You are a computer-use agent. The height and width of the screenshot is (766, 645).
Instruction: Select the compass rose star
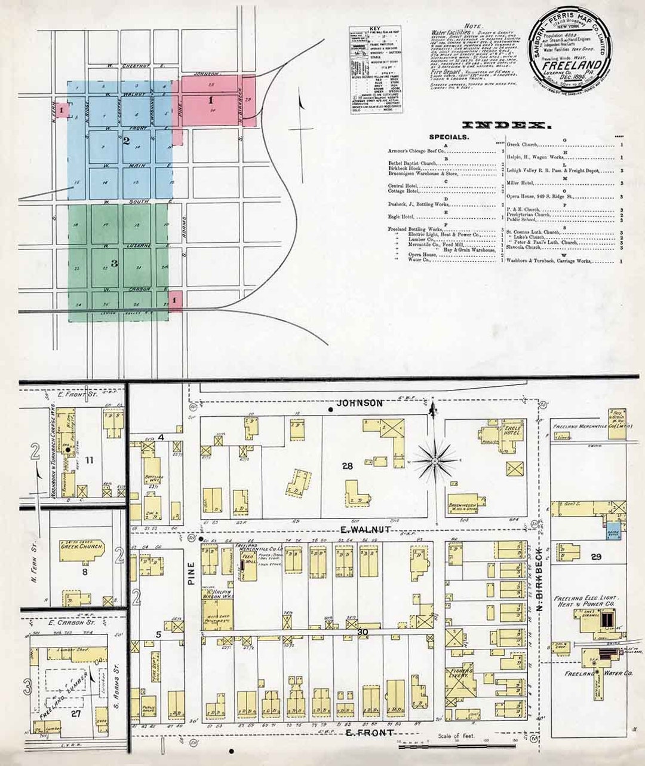pos(436,461)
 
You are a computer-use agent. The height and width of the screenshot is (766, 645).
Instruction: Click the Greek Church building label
pos(82,547)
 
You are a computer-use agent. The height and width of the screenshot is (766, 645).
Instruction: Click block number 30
pos(363,632)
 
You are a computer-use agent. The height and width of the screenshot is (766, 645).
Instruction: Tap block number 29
pos(595,557)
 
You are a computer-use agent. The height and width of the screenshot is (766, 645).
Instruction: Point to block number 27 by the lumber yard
pos(76,713)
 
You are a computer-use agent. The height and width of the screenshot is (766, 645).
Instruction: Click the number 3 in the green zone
pos(113,263)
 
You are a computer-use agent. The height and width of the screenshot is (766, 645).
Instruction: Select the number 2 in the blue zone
pos(127,141)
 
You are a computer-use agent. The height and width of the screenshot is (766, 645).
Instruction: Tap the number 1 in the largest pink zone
pos(210,101)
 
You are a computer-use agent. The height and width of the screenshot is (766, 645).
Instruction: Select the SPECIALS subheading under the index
pos(449,137)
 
